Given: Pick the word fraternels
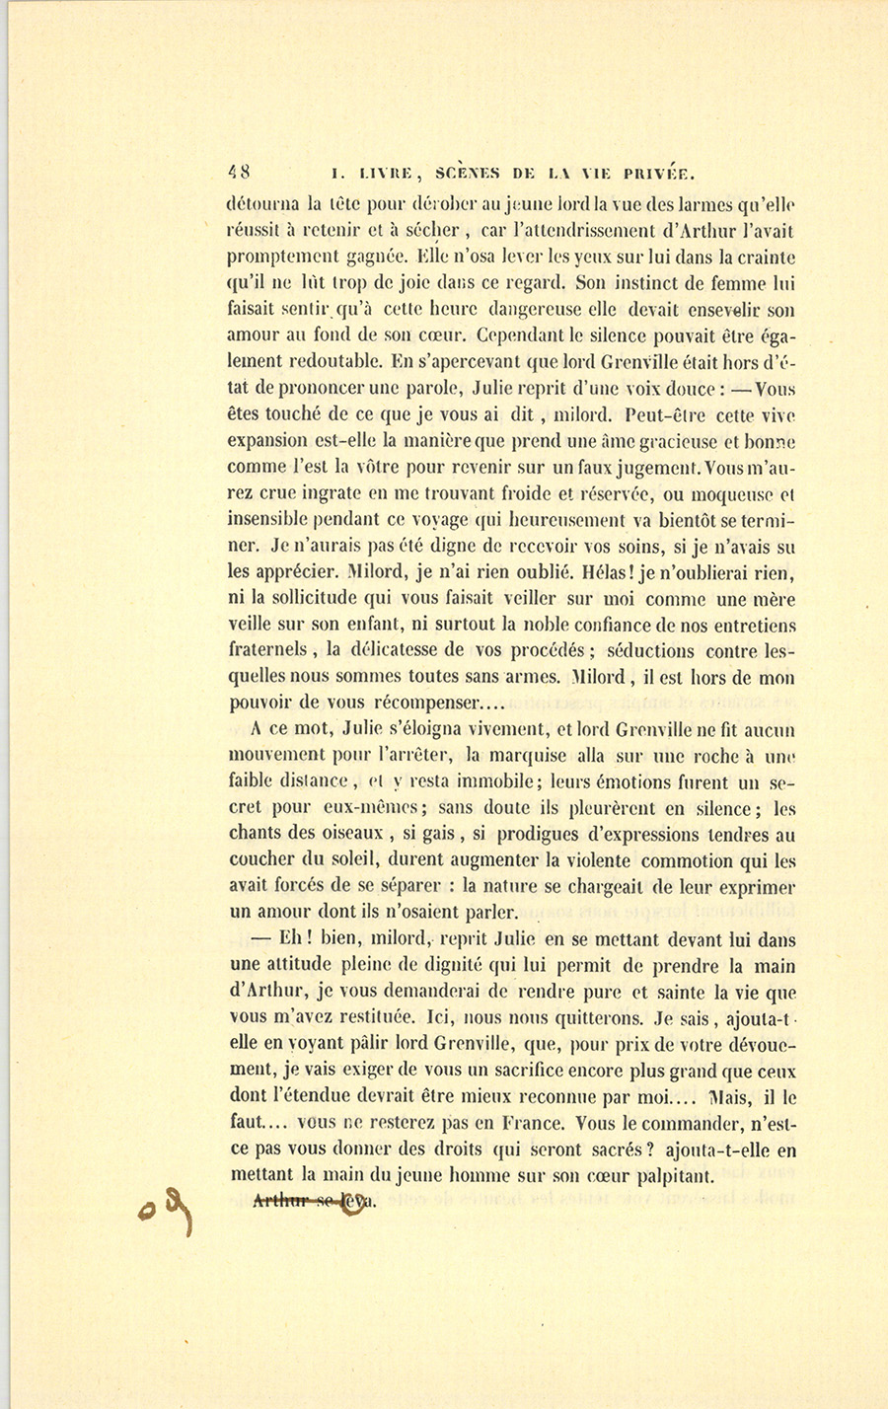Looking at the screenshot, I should pyautogui.click(x=272, y=651).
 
